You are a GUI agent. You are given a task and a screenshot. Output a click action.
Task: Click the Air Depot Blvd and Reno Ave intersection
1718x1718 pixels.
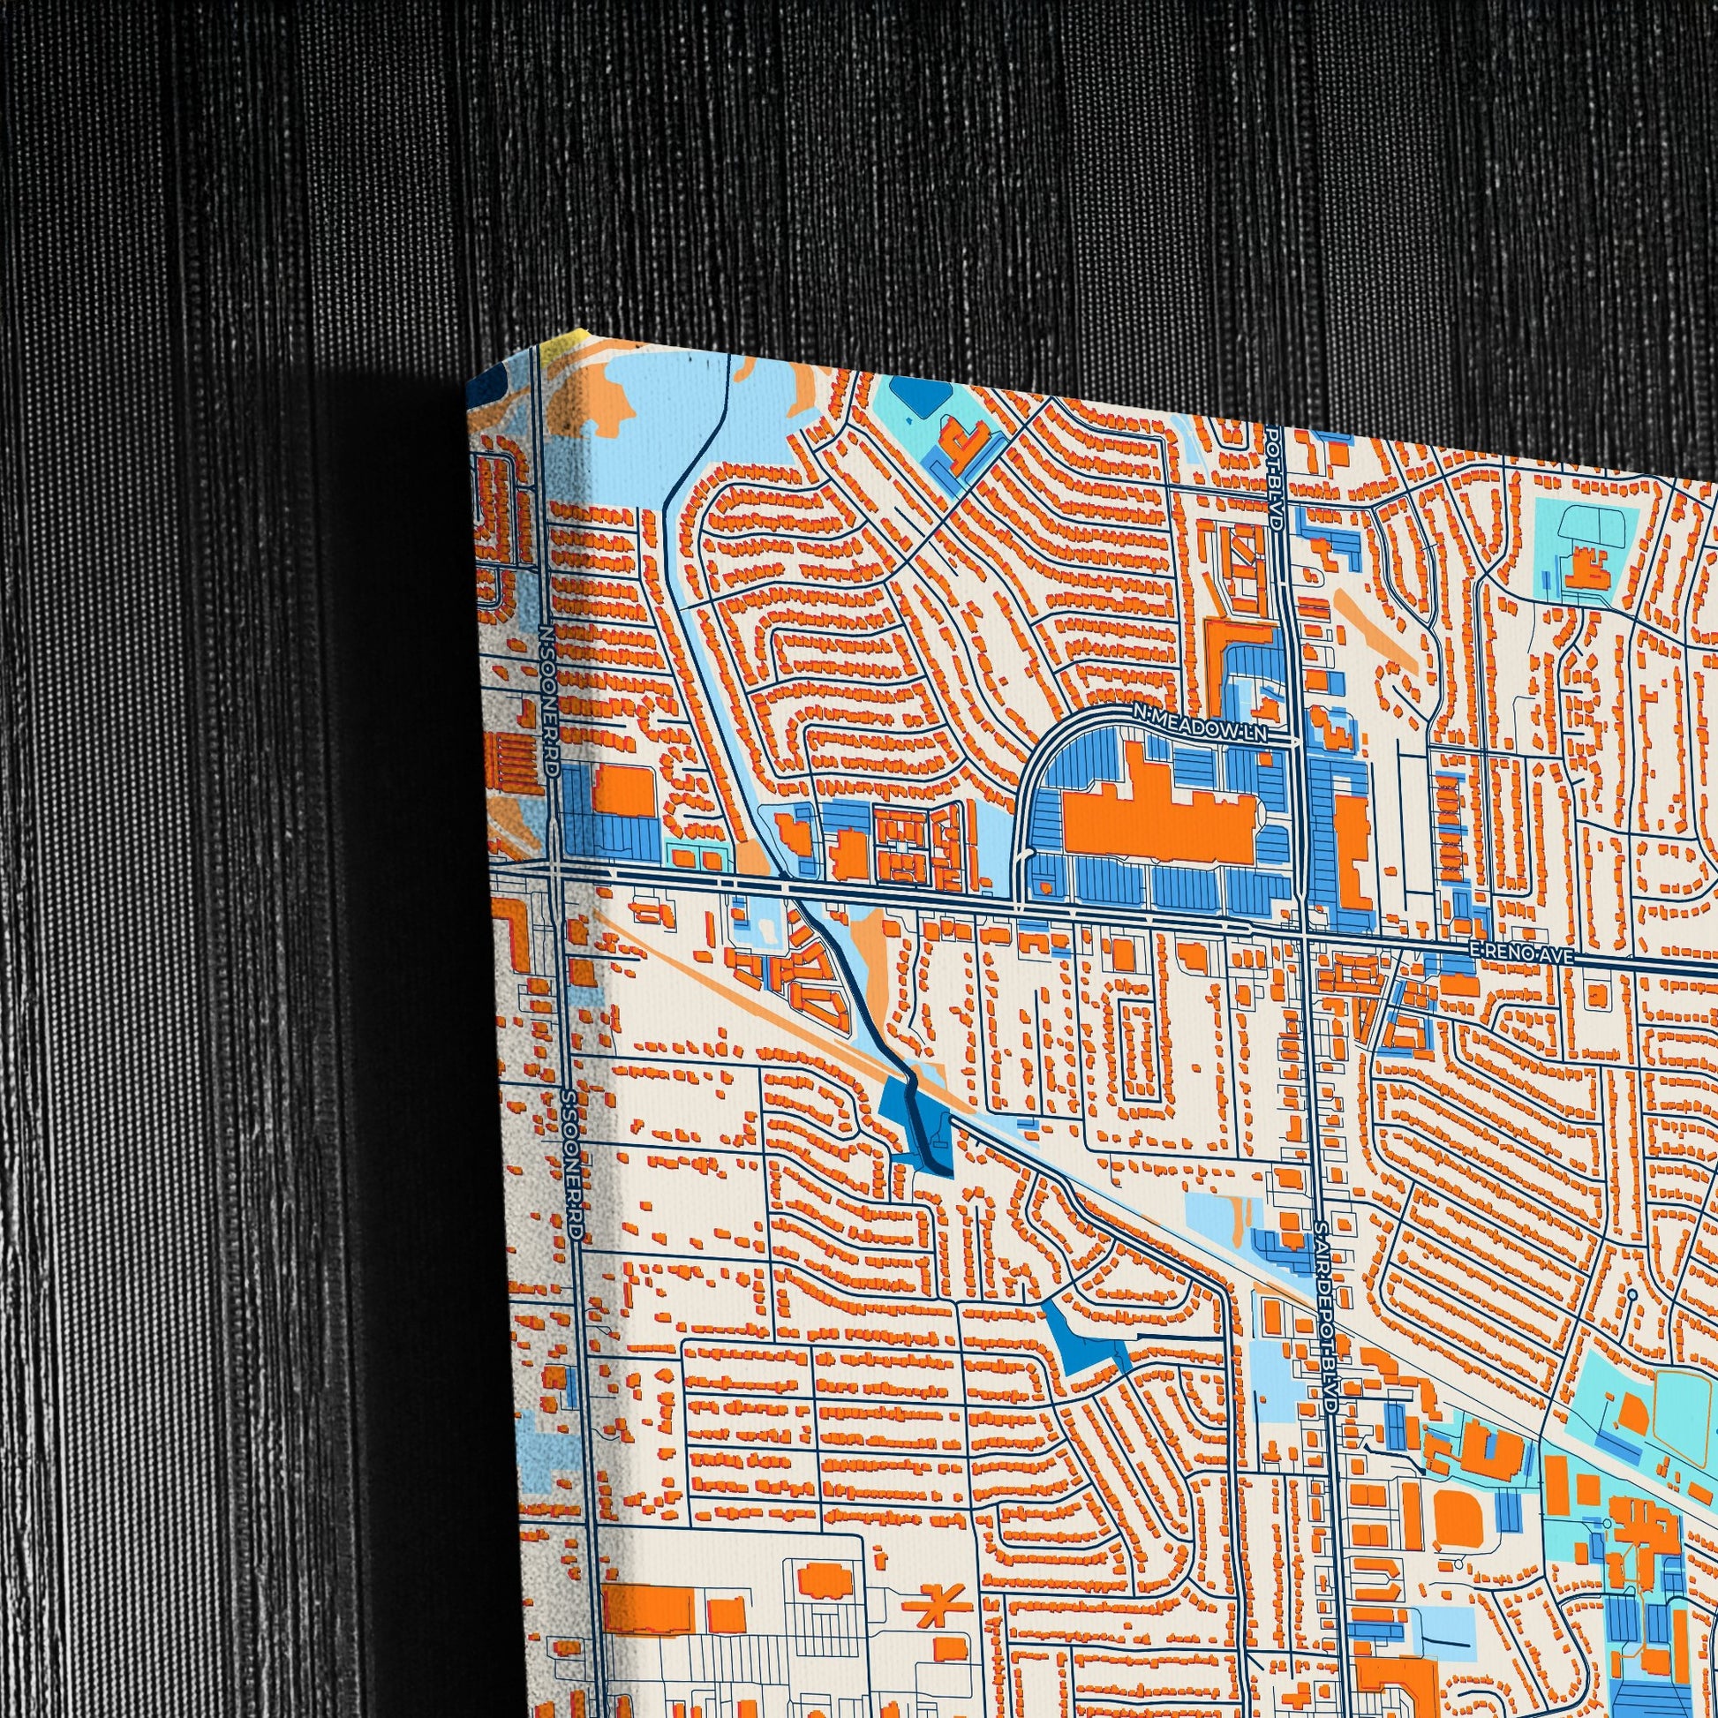click(1306, 932)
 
